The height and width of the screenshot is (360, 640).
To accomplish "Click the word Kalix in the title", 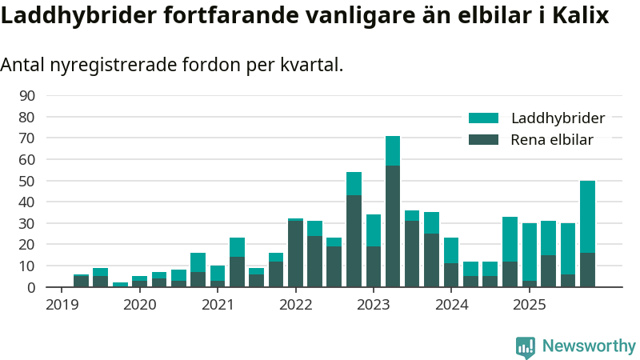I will click(x=578, y=15).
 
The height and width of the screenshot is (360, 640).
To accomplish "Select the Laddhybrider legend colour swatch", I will click(x=483, y=118).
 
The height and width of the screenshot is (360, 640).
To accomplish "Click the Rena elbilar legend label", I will click(x=552, y=140).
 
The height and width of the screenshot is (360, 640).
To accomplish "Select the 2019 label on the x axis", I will click(x=62, y=305).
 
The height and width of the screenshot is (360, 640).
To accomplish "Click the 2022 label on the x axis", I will click(x=296, y=305).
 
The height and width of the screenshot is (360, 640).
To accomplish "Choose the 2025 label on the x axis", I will click(x=530, y=305).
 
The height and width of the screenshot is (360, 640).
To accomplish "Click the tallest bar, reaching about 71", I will click(x=393, y=211).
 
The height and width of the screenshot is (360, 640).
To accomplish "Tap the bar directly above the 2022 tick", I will click(x=295, y=253).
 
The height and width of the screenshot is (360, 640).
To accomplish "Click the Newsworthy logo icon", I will click(x=526, y=346).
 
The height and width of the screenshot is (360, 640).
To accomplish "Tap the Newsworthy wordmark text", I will click(x=589, y=346).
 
